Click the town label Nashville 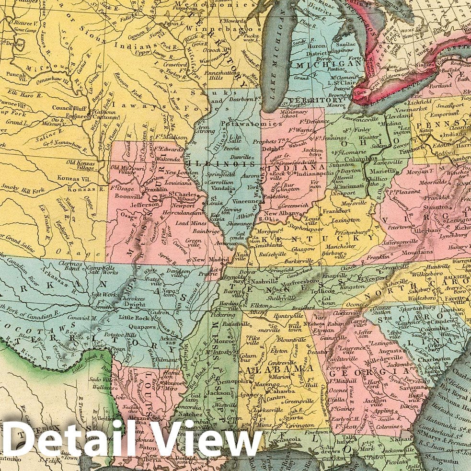click(x=267, y=283)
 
